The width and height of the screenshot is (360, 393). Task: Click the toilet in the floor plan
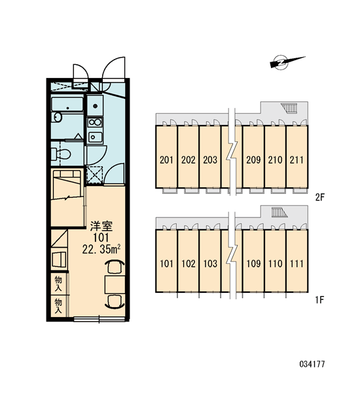(61, 154)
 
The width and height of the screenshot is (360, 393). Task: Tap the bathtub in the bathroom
(67, 104)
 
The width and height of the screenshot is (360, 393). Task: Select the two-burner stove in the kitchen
(95, 122)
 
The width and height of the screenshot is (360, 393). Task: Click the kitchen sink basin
(95, 137)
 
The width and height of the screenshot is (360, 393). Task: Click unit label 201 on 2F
(166, 160)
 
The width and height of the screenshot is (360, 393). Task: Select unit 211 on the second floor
(297, 160)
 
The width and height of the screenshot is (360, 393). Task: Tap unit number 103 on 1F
(210, 263)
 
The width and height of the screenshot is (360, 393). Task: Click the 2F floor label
(319, 198)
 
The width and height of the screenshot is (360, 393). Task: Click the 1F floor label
(319, 299)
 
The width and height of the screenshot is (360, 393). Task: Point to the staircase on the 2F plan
(289, 108)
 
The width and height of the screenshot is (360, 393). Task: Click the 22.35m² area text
(101, 249)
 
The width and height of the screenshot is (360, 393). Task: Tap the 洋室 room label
(101, 226)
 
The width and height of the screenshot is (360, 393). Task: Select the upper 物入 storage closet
(58, 284)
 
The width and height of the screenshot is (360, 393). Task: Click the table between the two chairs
(115, 284)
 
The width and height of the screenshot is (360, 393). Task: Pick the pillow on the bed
(67, 174)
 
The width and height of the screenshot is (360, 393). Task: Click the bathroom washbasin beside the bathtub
(58, 117)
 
